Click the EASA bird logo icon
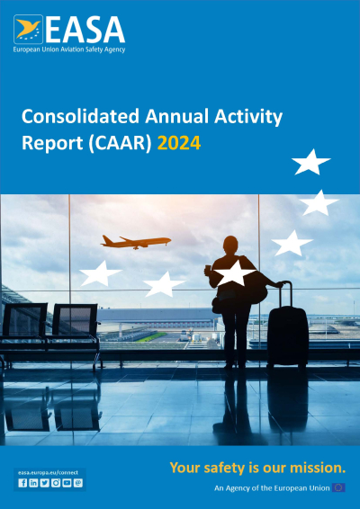coord(28,28)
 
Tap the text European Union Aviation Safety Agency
coord(69,49)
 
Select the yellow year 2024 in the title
coord(178,142)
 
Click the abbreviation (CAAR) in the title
coord(119,142)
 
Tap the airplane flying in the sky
coord(135,241)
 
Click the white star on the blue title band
coord(311,163)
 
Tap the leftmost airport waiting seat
coord(26,323)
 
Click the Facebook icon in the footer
coord(22,483)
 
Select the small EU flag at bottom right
coord(338,487)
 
